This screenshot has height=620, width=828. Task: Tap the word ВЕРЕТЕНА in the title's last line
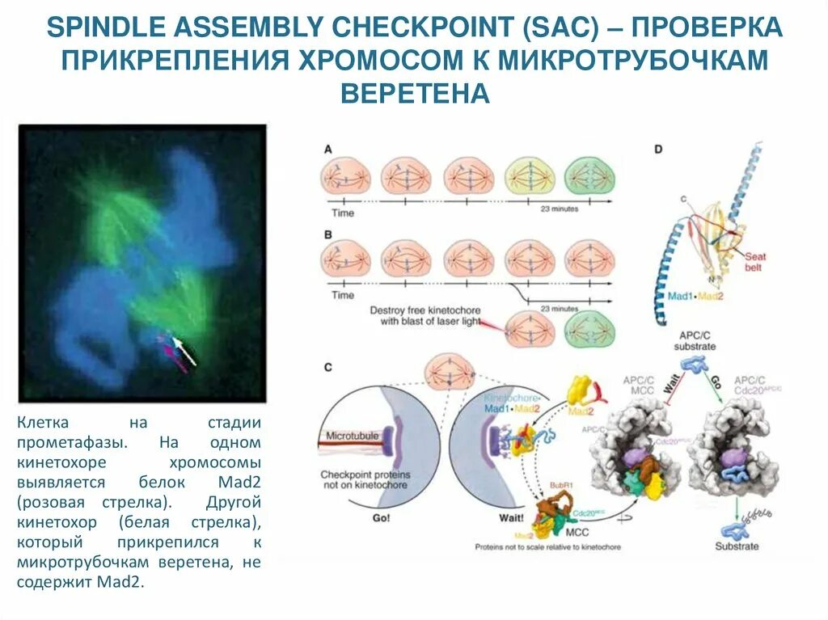[415, 93]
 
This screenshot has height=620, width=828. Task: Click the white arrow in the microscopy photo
[185, 352]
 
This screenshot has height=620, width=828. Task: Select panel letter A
[327, 150]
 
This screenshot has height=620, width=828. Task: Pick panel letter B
[327, 234]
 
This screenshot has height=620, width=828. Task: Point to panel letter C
[328, 368]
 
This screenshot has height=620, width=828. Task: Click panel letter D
[658, 150]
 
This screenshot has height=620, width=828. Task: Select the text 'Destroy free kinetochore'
[421, 310]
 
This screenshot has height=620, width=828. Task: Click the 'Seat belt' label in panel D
[755, 263]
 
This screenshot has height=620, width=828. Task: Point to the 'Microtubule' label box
[352, 437]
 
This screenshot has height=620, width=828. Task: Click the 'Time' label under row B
[343, 295]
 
